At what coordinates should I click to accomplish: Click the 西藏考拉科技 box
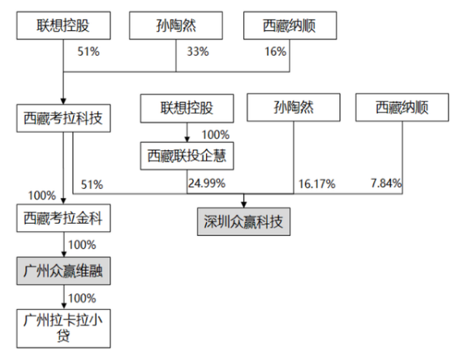point(63,118)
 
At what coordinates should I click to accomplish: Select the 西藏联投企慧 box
point(187,156)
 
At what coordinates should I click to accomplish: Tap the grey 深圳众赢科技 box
point(244,221)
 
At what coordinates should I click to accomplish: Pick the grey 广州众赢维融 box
point(63,271)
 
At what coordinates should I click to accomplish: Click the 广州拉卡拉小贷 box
point(63,328)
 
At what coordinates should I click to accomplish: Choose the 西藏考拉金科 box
point(63,218)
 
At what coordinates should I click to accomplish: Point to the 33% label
point(198,52)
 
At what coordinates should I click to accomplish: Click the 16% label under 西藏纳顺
point(275,52)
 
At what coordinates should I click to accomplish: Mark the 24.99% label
point(207,183)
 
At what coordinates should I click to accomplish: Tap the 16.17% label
point(316,184)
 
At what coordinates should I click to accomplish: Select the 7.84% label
point(386,183)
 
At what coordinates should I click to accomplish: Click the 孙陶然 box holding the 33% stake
point(176,25)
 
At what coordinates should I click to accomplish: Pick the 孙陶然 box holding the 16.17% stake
point(294,107)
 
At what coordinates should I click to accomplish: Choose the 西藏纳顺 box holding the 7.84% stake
point(402,107)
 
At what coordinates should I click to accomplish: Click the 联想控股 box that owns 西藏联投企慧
point(187,109)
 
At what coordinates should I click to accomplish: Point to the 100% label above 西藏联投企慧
point(216,135)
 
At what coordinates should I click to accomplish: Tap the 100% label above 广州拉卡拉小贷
point(82,298)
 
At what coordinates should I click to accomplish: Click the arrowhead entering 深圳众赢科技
point(243,204)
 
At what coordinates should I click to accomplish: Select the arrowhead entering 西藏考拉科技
point(63,101)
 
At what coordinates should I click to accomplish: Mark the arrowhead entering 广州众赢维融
point(63,254)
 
